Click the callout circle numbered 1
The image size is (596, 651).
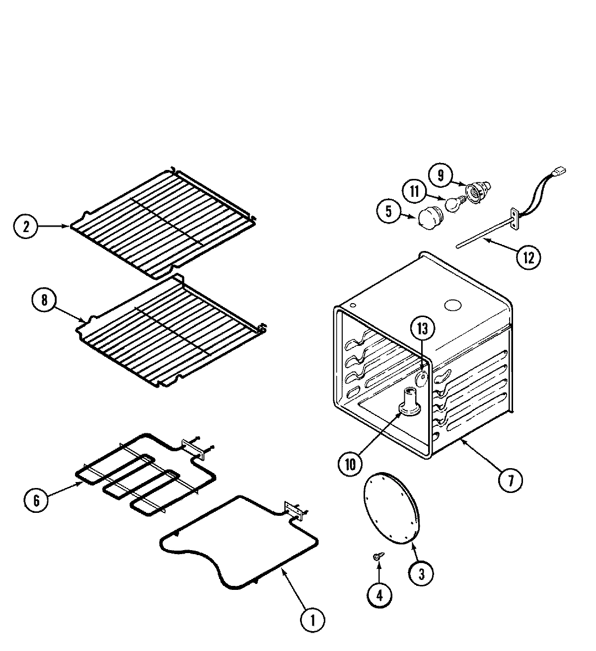tap(313, 620)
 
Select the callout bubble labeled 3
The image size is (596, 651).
tap(421, 574)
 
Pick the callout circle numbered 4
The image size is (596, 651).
tap(379, 595)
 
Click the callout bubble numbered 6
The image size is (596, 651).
tap(37, 499)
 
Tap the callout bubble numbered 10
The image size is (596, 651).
tap(351, 464)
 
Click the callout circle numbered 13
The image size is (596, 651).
tap(422, 329)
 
